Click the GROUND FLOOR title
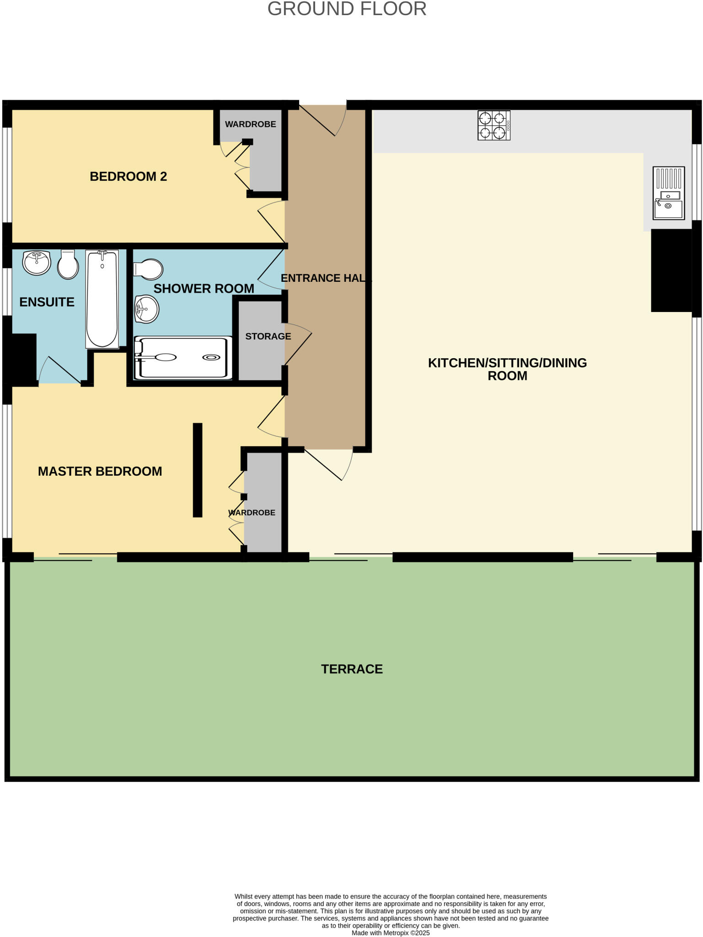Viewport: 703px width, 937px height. coord(347,9)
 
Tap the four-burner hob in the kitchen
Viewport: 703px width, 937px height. coord(494,125)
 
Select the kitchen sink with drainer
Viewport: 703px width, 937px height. coord(668,193)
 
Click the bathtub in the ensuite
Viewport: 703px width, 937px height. coord(102,299)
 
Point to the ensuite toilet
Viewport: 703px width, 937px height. coord(68,264)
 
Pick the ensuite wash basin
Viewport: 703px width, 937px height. coord(37,263)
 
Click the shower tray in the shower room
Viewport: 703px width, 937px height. coord(183,358)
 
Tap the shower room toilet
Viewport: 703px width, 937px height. coord(148,269)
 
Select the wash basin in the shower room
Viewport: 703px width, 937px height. coord(146,309)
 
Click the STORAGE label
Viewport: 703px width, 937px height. coord(268,336)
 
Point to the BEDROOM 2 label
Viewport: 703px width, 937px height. coord(128,177)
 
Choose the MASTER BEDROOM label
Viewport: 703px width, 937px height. coord(100,471)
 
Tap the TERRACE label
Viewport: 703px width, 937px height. coord(352,669)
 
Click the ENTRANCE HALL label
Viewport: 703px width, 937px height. coord(326,278)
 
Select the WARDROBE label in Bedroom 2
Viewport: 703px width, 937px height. coord(250,124)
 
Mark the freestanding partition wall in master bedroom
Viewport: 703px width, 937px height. coord(198,470)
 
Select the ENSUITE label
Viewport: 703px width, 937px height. coord(47,302)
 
